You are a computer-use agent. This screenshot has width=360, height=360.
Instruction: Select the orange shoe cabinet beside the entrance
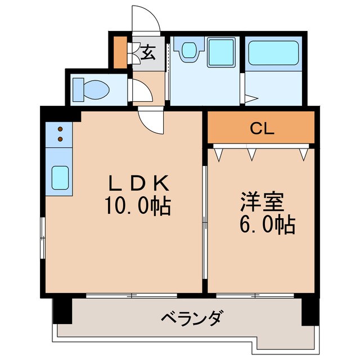[x=120, y=51]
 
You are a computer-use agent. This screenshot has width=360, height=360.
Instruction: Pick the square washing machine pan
[x=220, y=52]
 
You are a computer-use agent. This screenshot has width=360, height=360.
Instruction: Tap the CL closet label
[x=262, y=129]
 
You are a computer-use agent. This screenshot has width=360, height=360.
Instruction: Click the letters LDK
[x=138, y=183]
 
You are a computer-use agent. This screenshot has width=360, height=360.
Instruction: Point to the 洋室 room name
[x=259, y=201]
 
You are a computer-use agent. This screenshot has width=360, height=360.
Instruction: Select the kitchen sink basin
[x=60, y=177]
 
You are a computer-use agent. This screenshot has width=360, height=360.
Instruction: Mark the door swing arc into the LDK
[x=151, y=121]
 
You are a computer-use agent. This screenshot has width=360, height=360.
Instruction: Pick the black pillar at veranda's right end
[x=309, y=311]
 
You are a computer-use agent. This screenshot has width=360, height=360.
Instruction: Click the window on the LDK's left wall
[x=43, y=238]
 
